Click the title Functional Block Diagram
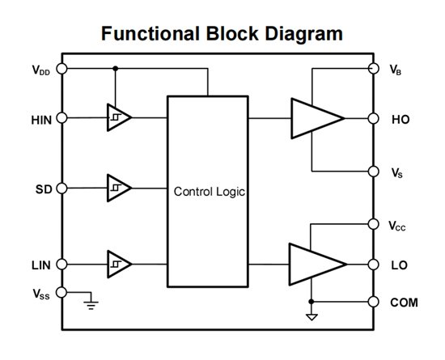click(x=221, y=33)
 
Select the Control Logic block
click(x=208, y=192)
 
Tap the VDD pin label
click(x=40, y=70)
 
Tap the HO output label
click(x=400, y=118)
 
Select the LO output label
click(x=400, y=264)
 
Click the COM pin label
click(x=405, y=302)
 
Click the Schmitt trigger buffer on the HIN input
click(x=118, y=118)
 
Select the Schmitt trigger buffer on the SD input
click(x=118, y=188)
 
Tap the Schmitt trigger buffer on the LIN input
click(x=118, y=264)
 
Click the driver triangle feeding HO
click(x=316, y=118)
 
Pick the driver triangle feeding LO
click(x=316, y=264)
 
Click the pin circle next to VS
click(x=374, y=172)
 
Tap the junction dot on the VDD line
click(x=116, y=69)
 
